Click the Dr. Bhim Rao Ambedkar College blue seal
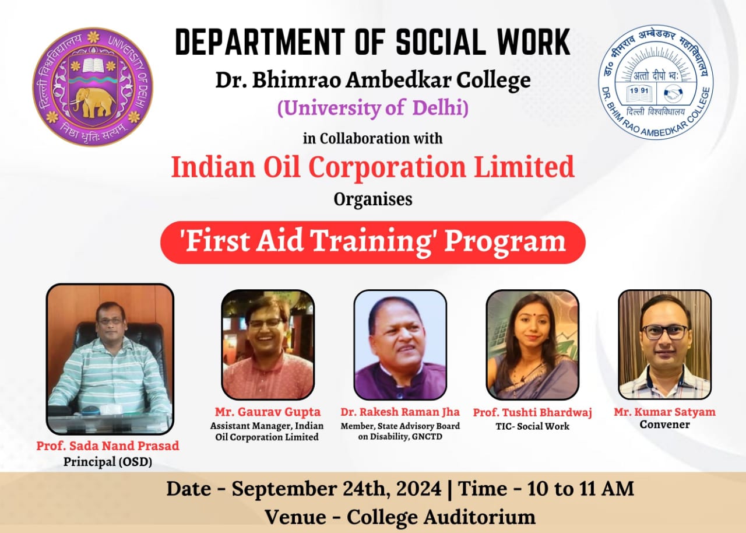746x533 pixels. coord(656,82)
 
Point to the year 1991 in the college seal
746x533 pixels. coord(639,90)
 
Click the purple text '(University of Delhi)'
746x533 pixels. coord(372,108)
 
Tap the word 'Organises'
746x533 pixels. coord(373,199)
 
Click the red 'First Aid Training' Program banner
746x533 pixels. coord(372,242)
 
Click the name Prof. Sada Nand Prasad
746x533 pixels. coord(108,446)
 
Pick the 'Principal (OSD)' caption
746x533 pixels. coord(108,462)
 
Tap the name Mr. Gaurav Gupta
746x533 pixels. coord(268,412)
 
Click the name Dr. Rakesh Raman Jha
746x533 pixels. coord(400,412)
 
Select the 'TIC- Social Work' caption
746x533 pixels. coord(533,426)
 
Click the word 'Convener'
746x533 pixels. coord(665,425)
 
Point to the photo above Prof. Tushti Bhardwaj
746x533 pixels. coord(533,345)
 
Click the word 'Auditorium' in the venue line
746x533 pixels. coord(479,517)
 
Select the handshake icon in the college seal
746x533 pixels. coord(673,94)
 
